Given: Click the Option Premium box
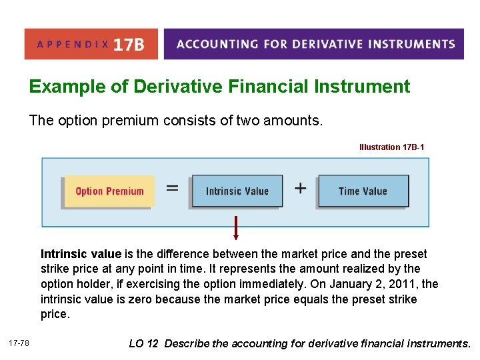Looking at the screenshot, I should tap(109, 191).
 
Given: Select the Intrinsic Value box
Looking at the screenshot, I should tap(237, 191).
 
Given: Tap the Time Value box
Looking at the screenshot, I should tap(363, 191).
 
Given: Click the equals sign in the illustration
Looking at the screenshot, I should tap(172, 189).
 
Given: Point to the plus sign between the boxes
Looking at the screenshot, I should tap(300, 189).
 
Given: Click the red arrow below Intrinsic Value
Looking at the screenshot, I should tap(236, 227).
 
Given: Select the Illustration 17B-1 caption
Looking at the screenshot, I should tap(391, 147).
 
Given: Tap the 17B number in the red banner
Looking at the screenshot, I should tap(128, 45).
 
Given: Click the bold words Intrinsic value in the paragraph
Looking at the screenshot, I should tap(81, 254).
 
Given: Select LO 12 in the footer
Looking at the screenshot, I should tap(143, 343).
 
